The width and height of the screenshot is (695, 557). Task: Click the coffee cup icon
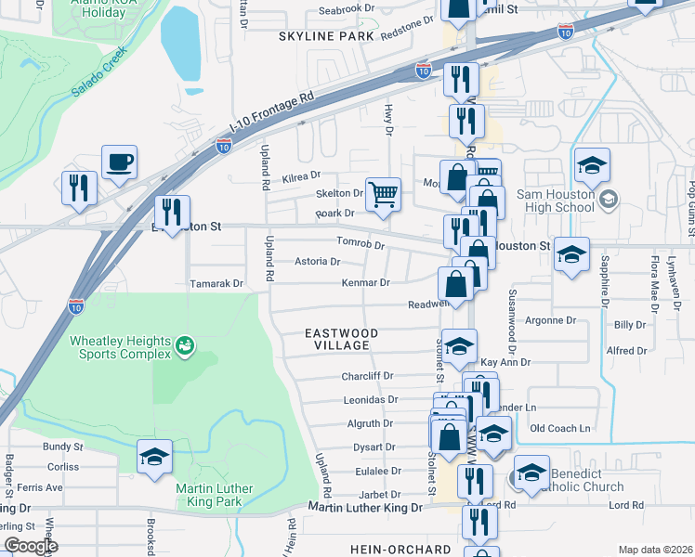(119, 162)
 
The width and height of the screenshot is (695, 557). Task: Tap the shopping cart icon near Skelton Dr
(383, 194)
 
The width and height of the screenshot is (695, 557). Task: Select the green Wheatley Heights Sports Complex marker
(186, 345)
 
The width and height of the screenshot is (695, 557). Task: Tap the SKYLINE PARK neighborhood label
(325, 35)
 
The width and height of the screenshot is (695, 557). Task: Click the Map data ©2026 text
(656, 550)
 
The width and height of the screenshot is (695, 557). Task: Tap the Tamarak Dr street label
(216, 283)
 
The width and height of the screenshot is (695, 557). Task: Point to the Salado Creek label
(101, 79)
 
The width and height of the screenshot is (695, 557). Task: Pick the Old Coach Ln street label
(559, 428)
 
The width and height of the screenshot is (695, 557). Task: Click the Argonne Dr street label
(551, 320)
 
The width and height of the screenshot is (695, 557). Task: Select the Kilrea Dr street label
(303, 175)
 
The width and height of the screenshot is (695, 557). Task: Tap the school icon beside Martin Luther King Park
(154, 456)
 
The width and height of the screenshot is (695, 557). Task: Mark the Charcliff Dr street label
(368, 377)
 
